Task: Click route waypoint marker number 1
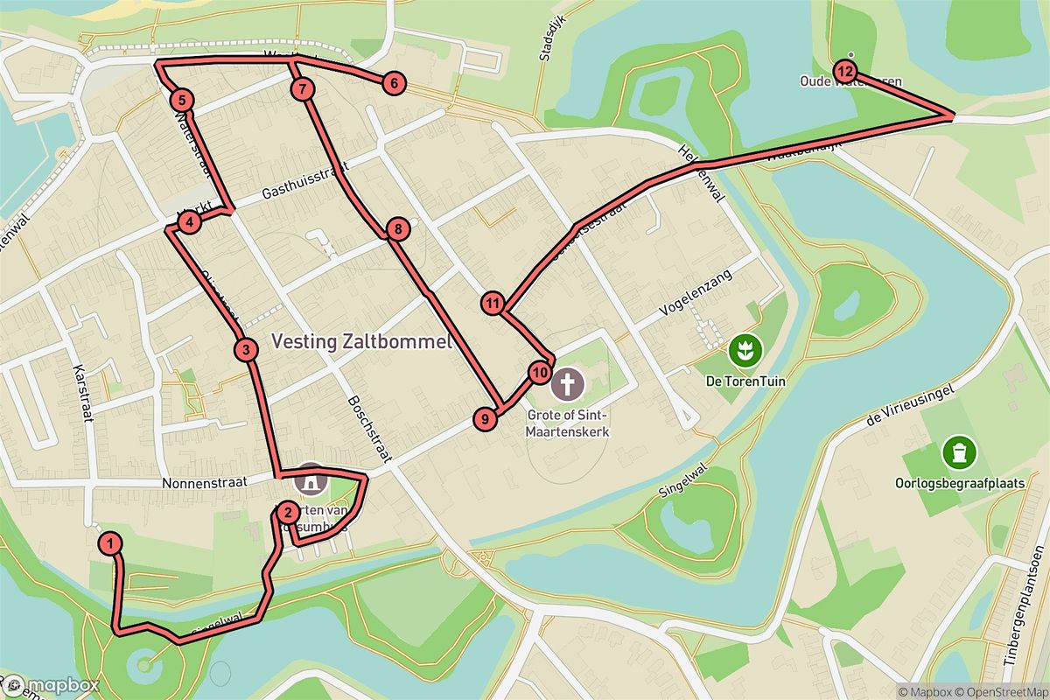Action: pos(110,543)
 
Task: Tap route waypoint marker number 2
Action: pos(287,513)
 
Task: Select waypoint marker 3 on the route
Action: pos(247,350)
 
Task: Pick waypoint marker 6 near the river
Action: pos(394,84)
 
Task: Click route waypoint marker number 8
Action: pos(397,230)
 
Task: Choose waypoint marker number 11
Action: pos(493,304)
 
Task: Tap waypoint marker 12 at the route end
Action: pos(844,70)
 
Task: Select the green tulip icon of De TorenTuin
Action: pos(747,350)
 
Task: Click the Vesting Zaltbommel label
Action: pos(361,342)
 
